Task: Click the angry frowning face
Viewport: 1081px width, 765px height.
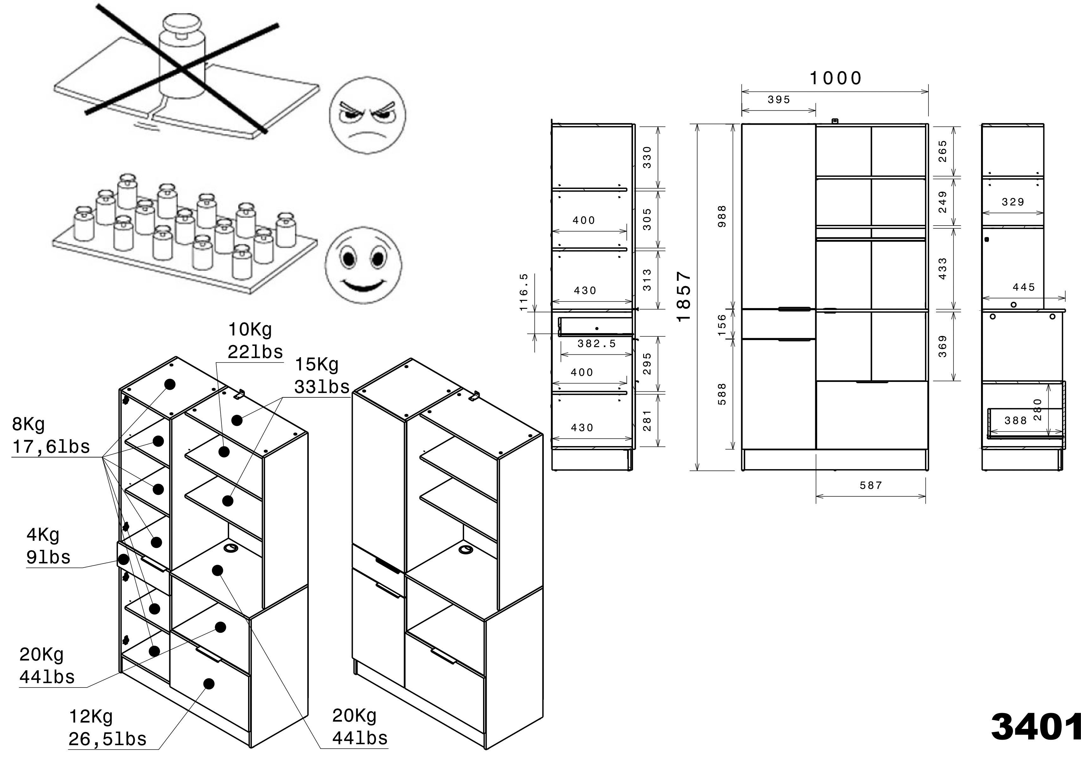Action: tap(367, 115)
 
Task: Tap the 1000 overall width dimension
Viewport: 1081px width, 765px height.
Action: tap(835, 78)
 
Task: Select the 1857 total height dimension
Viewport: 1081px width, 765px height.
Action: tap(683, 296)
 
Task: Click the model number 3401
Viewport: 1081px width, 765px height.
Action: tap(1035, 727)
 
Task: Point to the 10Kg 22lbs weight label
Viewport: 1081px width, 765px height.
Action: tap(255, 340)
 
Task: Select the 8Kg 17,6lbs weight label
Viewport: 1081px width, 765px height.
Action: tap(50, 435)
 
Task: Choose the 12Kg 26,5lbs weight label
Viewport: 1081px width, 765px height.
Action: tap(107, 728)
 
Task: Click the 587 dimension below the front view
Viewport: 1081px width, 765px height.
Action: tap(870, 485)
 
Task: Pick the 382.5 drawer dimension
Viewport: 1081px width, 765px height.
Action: tap(596, 344)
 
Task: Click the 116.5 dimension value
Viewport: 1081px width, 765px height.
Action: tap(523, 292)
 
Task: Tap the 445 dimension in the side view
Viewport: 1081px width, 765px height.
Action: tap(1023, 287)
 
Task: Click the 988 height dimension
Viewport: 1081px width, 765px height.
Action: tap(722, 216)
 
